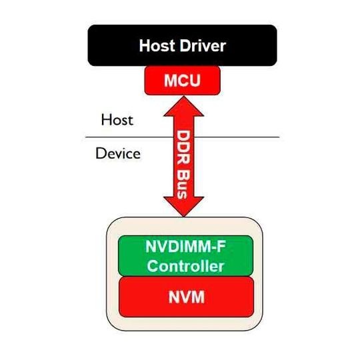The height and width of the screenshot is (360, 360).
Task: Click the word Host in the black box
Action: click(157, 46)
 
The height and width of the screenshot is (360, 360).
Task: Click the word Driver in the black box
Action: click(203, 46)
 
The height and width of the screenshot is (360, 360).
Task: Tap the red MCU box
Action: click(183, 81)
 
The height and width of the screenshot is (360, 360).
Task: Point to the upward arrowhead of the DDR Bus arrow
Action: click(184, 106)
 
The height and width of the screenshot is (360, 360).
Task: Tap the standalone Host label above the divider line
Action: click(117, 120)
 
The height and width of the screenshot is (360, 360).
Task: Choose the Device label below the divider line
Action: click(118, 153)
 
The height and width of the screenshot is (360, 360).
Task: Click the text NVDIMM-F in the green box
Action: click(185, 246)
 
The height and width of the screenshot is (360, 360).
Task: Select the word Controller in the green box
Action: click(185, 266)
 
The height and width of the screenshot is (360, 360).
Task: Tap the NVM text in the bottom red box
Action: click(187, 297)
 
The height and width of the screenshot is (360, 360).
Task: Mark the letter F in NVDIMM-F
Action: click(221, 246)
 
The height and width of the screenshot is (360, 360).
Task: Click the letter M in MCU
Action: click(171, 81)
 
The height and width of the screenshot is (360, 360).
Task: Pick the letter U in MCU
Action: click(195, 81)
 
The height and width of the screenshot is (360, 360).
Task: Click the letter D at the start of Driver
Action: click(185, 46)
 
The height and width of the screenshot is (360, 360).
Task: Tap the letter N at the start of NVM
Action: click(174, 297)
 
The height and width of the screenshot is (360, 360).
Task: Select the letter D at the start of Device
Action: click(101, 153)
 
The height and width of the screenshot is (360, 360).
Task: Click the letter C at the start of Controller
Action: click(153, 266)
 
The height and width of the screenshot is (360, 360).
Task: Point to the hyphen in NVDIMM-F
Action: click(213, 248)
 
